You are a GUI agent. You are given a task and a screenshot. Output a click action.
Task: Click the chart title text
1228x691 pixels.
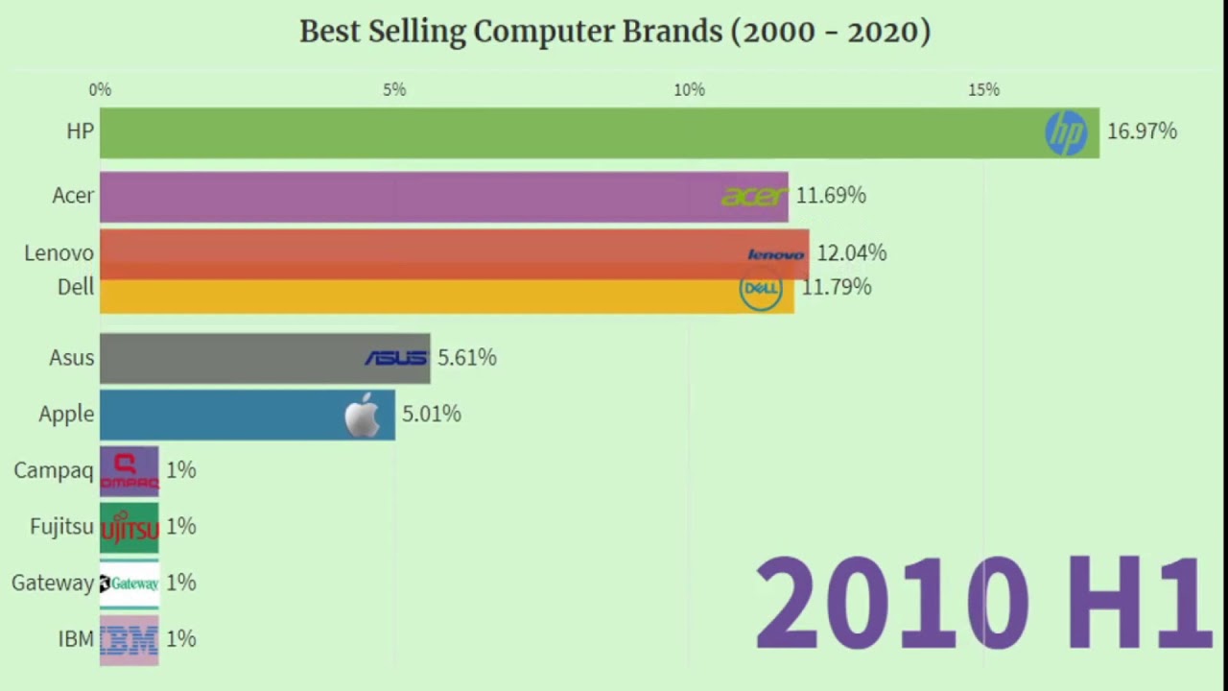pyautogui.click(x=614, y=32)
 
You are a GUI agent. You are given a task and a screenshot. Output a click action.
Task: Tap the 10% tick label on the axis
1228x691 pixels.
pyautogui.click(x=689, y=89)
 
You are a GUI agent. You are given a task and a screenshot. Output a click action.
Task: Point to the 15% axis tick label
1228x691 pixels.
pyautogui.click(x=983, y=89)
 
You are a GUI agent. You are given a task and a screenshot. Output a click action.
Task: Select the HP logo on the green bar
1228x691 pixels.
pyautogui.click(x=1066, y=132)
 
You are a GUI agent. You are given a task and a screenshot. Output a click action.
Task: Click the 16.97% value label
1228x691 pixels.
pyautogui.click(x=1142, y=131)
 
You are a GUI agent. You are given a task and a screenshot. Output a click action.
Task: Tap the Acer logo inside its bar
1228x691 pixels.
pyautogui.click(x=754, y=197)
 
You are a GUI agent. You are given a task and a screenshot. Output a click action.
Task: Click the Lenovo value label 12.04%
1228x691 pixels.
pyautogui.click(x=851, y=253)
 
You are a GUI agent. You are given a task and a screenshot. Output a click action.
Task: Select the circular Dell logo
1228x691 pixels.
pyautogui.click(x=761, y=289)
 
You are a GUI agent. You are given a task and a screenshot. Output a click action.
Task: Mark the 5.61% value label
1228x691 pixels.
pyautogui.click(x=467, y=358)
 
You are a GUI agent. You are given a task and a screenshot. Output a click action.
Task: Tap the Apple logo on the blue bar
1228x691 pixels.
pyautogui.click(x=363, y=416)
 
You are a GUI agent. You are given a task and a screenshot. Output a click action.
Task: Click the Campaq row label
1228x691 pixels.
pyautogui.click(x=53, y=470)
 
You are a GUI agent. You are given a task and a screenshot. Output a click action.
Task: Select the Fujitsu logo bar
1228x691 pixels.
pyautogui.click(x=130, y=527)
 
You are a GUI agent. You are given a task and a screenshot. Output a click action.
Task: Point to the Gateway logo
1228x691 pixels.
pyautogui.click(x=130, y=584)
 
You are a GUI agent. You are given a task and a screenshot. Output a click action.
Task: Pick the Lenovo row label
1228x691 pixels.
pyautogui.click(x=59, y=253)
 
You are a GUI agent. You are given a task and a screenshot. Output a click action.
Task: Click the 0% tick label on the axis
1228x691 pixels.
pyautogui.click(x=100, y=89)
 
